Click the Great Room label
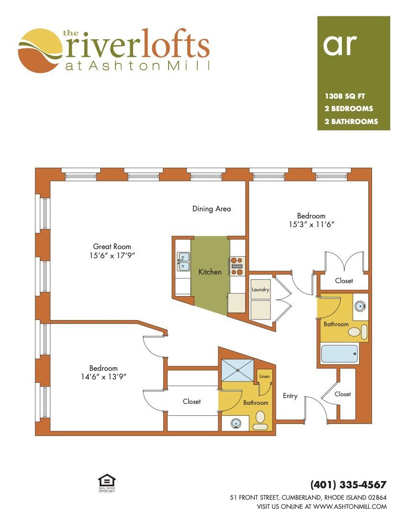(112, 247)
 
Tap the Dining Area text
(212, 209)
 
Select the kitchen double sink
(183, 262)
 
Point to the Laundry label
(260, 289)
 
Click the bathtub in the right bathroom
(339, 354)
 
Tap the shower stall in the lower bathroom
(238, 370)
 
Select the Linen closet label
(265, 377)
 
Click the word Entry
(290, 396)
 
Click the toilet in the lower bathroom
(260, 421)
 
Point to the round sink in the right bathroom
(360, 306)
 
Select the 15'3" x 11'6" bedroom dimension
(311, 225)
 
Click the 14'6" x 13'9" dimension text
(103, 377)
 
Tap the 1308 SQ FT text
(345, 96)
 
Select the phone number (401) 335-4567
(349, 485)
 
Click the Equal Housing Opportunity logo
(107, 483)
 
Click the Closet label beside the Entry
(342, 394)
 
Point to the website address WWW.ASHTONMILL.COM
(350, 506)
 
